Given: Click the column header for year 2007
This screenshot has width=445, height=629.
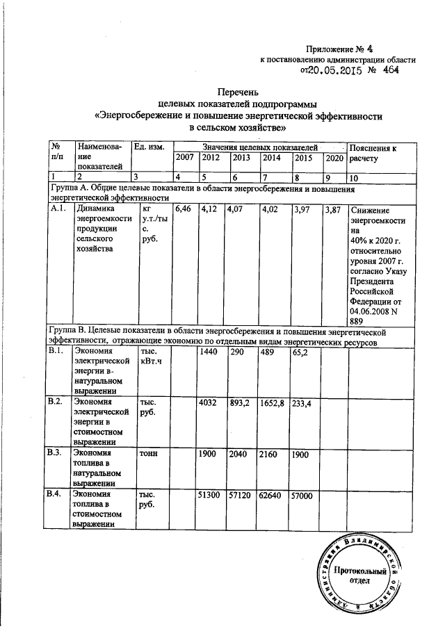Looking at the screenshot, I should click(184, 158).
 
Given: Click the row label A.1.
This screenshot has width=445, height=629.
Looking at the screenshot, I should click(58, 208).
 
